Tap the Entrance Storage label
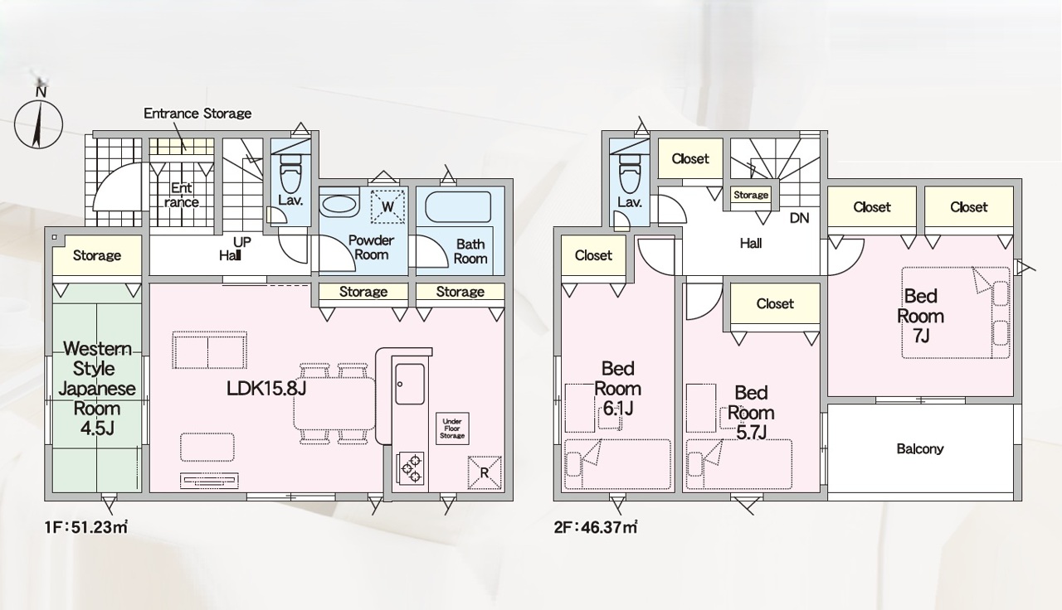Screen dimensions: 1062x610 (197, 114)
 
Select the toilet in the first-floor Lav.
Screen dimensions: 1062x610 (290, 172)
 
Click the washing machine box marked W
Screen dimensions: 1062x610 (387, 206)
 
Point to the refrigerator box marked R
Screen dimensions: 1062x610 (484, 472)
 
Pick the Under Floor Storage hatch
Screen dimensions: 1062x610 (452, 428)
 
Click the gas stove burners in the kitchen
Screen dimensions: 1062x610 (411, 468)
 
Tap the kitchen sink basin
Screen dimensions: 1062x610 (410, 384)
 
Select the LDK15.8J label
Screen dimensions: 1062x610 (266, 389)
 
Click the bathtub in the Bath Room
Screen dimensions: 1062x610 (458, 206)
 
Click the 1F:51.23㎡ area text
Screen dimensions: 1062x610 (86, 527)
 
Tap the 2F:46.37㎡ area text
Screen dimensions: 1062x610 (596, 527)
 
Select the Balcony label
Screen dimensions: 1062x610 (920, 448)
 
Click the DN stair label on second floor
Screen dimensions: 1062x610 (799, 218)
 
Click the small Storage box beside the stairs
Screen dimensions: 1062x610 (751, 195)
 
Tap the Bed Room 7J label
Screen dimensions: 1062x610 (920, 316)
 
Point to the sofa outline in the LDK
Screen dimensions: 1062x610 (209, 350)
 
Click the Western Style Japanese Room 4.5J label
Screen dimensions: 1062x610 (97, 389)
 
